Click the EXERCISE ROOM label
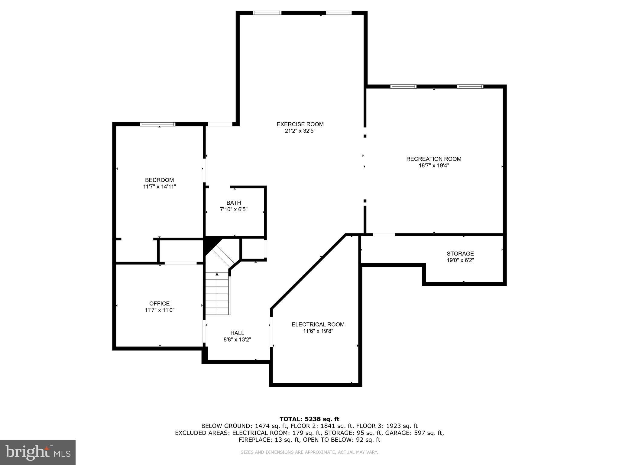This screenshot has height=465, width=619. [x=300, y=124]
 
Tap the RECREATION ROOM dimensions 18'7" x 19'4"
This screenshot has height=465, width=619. [x=433, y=166]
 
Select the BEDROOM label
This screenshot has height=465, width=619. [x=159, y=180]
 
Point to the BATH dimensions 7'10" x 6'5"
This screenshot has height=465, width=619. [x=234, y=209]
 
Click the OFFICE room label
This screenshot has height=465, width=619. [x=159, y=303]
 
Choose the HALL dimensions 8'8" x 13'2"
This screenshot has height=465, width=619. [x=237, y=340]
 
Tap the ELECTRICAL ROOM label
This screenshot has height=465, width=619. [x=318, y=325]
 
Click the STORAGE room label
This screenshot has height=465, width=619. [x=460, y=254]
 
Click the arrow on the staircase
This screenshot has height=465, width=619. [x=217, y=275]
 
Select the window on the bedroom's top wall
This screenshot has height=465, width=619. [x=158, y=124]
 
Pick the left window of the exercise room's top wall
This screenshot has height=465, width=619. [x=267, y=13]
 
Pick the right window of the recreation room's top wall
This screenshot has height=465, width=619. [x=470, y=87]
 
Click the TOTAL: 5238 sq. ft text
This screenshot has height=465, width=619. [x=309, y=419]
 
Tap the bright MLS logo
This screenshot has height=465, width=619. [x=38, y=452]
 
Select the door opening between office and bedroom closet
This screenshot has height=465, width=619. [x=180, y=263]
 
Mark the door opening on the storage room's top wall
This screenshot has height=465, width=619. [x=384, y=235]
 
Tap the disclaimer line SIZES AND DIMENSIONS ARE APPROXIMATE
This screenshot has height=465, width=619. [x=309, y=452]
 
